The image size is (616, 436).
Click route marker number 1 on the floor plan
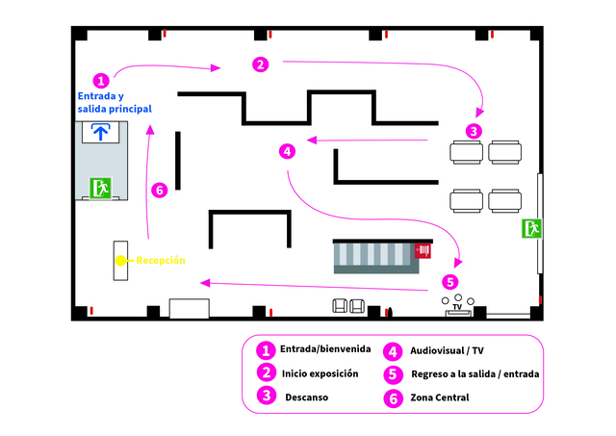tap(101, 81)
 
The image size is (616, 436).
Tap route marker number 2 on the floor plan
tap(261, 64)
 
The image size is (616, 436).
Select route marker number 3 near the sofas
tap(474, 131)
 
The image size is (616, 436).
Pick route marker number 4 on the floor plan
tap(287, 151)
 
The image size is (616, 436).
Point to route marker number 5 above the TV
tap(450, 282)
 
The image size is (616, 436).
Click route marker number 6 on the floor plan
tap(160, 191)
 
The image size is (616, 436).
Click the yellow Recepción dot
tap(120, 261)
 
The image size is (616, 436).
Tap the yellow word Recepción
tap(161, 261)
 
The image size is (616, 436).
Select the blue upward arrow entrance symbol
tap(100, 132)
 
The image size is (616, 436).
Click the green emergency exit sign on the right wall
tap(531, 229)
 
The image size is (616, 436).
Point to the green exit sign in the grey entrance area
tap(101, 188)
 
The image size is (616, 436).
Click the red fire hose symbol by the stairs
tap(423, 250)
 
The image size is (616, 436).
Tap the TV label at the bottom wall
tap(457, 307)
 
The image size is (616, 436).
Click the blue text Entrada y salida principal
tap(115, 102)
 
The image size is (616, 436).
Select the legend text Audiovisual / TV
tap(447, 350)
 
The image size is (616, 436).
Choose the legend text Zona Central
tap(440, 398)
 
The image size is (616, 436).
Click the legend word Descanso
tap(307, 398)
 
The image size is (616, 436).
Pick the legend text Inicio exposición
tap(321, 373)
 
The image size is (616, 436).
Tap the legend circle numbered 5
tap(393, 374)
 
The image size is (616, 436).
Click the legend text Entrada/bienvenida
tap(325, 348)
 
